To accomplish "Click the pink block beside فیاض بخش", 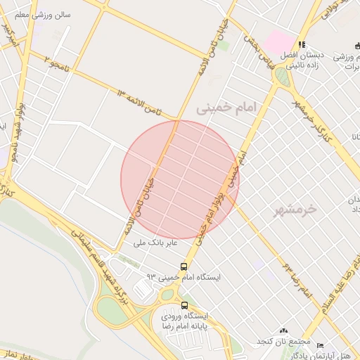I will click(x=276, y=40).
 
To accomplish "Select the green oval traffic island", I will click(x=283, y=77).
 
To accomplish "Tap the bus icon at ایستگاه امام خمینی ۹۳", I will click(x=184, y=266).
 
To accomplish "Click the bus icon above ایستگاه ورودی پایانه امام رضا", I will click(x=184, y=305).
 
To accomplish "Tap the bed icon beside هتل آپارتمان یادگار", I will click(x=320, y=346).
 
